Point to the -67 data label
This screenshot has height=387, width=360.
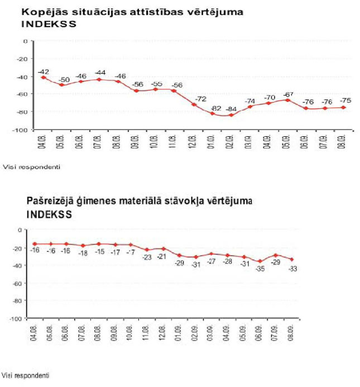click(x=287, y=94)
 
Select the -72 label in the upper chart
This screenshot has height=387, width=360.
click(x=194, y=98)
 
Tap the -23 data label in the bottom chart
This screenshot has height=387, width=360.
click(x=147, y=257)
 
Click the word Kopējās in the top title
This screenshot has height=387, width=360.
click(x=41, y=12)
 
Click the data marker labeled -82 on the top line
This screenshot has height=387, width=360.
click(x=213, y=113)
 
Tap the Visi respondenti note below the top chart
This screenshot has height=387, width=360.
click(x=31, y=166)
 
